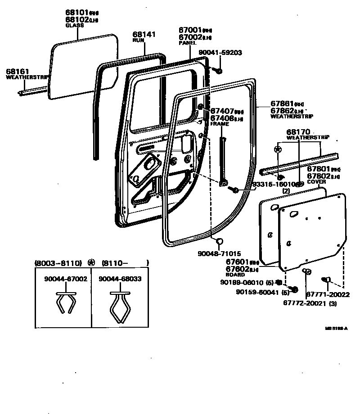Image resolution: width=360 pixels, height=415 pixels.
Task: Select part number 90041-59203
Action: coord(220,53)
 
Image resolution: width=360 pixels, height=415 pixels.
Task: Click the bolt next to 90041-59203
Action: coord(217,70)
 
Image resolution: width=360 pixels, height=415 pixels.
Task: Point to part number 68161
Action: coord(18,71)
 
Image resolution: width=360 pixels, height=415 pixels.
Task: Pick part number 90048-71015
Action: coord(219,254)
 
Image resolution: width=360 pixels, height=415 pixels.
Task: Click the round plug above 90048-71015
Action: coord(219,242)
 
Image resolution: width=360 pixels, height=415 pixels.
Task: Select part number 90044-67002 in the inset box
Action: coord(66,279)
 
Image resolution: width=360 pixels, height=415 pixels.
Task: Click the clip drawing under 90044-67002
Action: coord(65,303)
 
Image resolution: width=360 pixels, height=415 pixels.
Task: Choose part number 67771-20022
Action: coord(328,295)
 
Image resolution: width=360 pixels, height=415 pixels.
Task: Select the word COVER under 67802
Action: coord(316,182)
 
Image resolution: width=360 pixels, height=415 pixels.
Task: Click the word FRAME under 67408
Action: coord(220,124)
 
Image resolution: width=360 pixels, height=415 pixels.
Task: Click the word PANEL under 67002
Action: coord(187,43)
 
